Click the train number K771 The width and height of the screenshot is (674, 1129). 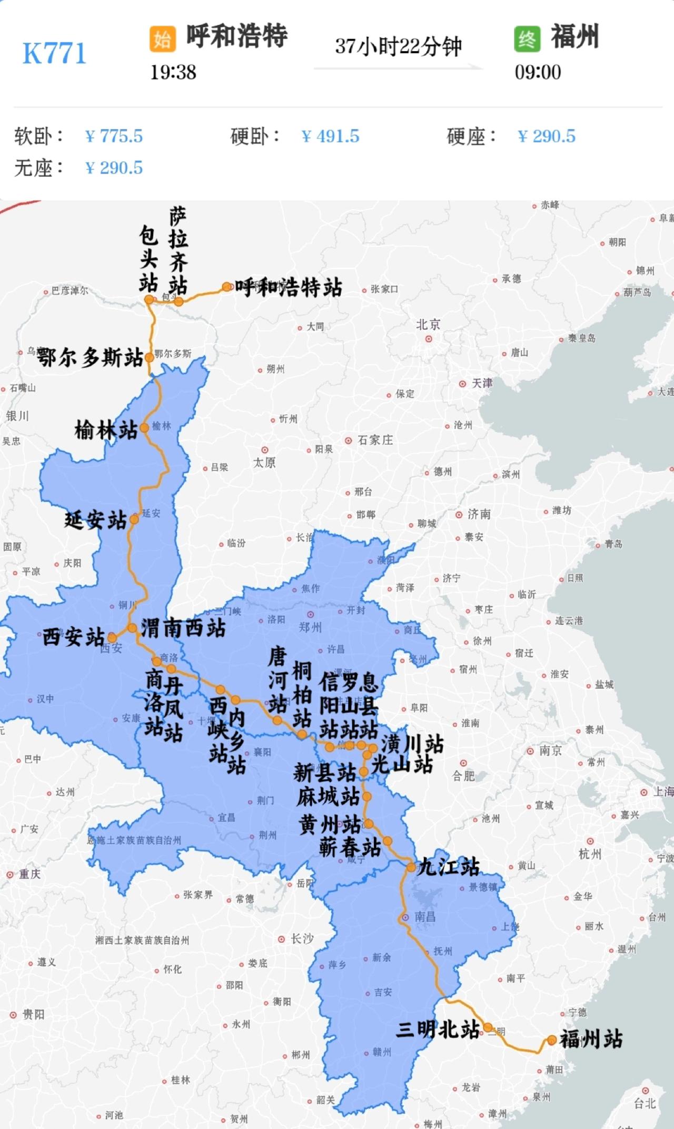54,54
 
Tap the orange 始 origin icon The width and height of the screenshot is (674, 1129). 162,39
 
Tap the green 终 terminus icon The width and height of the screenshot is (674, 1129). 527,39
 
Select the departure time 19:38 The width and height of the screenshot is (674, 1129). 173,72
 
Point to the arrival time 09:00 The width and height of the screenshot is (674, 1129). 538,72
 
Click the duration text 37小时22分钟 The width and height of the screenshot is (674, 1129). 398,46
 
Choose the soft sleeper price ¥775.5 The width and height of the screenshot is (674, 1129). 114,136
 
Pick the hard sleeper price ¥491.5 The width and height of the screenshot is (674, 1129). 330,136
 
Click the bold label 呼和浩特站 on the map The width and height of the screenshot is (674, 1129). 288,287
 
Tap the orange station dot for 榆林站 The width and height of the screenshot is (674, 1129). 144,428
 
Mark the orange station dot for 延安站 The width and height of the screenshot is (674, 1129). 134,519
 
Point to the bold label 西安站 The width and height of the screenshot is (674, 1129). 74,637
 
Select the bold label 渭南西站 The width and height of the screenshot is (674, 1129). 183,628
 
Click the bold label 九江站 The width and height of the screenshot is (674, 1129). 448,866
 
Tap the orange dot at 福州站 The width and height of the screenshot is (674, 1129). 551,1040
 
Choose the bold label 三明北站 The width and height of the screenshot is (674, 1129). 438,1029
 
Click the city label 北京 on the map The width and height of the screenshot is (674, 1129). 428,325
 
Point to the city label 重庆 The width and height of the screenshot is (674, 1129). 29,874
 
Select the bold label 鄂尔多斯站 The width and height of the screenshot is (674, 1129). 90,358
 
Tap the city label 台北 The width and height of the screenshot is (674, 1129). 645,1103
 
